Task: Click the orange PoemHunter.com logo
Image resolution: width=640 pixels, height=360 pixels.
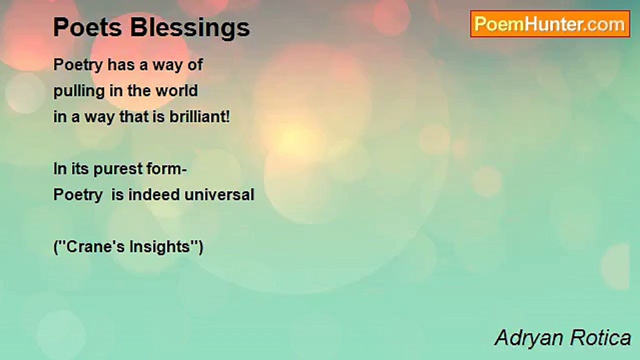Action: pos(550,24)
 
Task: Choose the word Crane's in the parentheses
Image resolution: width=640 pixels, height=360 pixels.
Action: pos(93,247)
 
